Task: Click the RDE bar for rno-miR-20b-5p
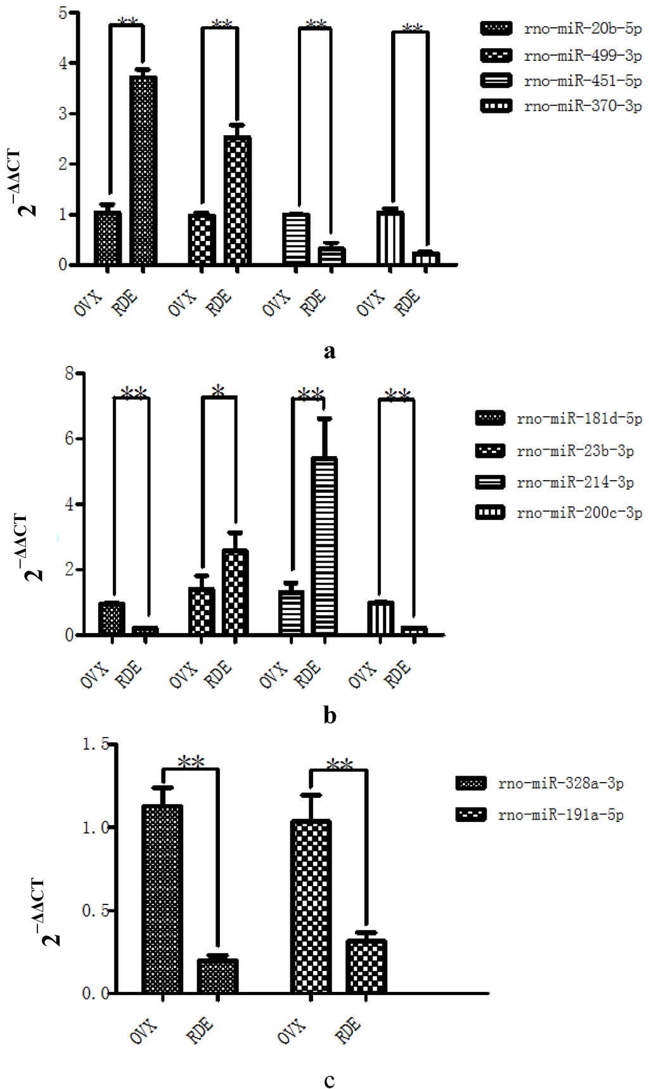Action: coord(143,170)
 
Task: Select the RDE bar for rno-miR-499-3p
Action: coord(238,200)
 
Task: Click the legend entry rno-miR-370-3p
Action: coord(561,106)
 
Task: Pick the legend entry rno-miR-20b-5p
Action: coord(561,29)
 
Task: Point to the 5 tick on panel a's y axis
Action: coord(63,13)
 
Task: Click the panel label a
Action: coord(329,351)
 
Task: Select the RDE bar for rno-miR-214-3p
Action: coord(324,545)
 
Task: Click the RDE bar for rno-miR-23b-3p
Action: coord(235,592)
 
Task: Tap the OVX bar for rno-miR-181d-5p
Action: coord(112,618)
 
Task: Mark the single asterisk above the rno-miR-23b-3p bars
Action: coord(218,391)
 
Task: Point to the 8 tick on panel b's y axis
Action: coord(69,373)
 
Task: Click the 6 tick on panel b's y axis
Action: coord(69,439)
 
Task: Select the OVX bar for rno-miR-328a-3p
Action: coord(162,898)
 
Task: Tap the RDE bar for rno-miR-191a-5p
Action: coord(366,966)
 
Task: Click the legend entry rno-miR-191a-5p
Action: coord(539,815)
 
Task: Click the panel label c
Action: coord(329,1079)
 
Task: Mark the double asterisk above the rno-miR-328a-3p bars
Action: coord(191,762)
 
